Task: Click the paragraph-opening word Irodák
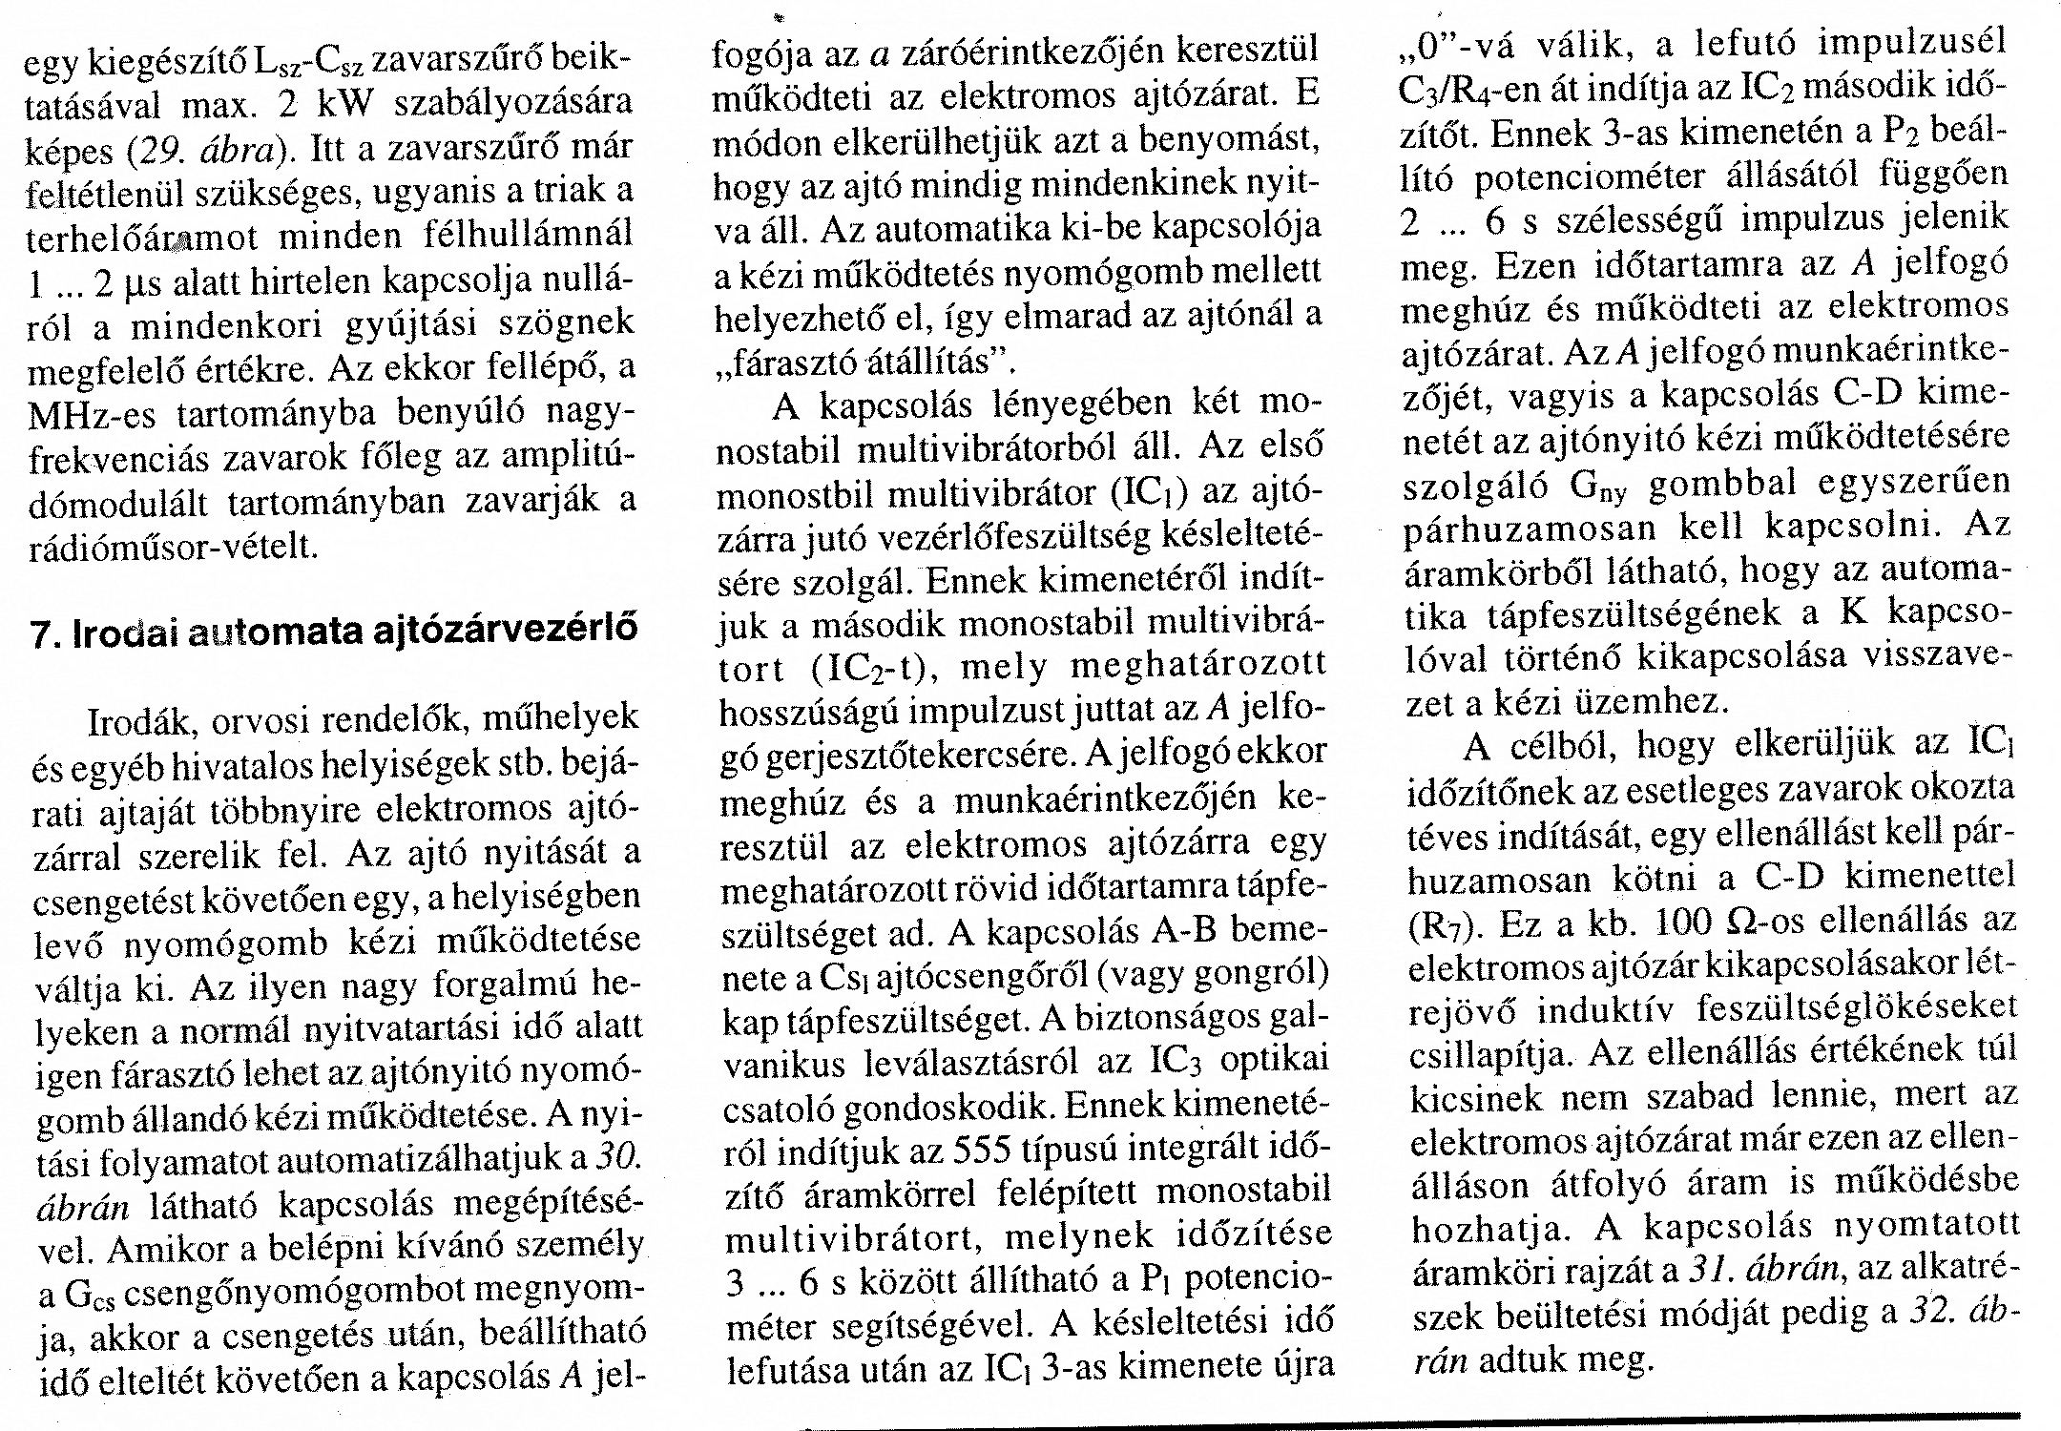click(141, 720)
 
